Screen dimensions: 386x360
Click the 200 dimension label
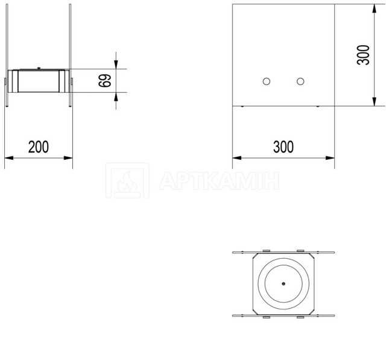39,147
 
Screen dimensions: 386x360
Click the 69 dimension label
105,80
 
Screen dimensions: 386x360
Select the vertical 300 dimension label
363,55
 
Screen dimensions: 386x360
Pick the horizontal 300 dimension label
283,147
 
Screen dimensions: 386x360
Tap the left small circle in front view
267,81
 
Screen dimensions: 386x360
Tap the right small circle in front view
300,81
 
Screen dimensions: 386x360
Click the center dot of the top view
283,283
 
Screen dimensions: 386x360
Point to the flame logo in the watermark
127,180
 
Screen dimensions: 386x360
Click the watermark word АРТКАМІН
219,180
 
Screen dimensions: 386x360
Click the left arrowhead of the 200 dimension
9,158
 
